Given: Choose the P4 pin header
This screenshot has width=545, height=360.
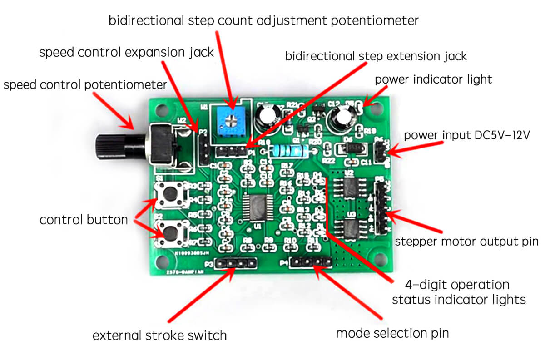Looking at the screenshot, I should coord(312,262).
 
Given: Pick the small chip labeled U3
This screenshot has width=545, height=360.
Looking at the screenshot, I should coord(350,228).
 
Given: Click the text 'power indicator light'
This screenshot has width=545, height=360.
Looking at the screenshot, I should coord(433,79).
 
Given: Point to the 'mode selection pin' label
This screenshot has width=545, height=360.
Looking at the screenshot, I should coord(392,333).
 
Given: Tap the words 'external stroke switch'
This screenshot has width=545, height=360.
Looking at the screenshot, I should coord(159,336).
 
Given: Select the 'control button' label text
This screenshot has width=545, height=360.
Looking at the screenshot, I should coord(84,220).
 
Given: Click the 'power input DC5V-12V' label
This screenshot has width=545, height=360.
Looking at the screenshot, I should coord(467,135).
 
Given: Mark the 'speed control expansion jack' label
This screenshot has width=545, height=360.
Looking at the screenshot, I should coord(126,53).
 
